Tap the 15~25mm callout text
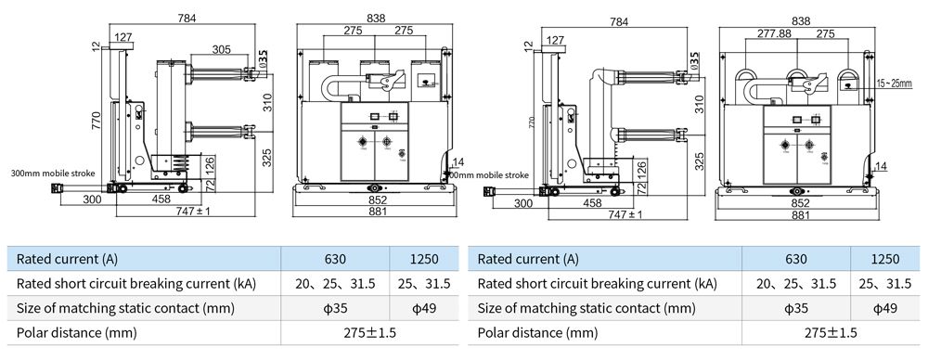(896, 84)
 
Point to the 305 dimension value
(222, 50)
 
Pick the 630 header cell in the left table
(334, 259)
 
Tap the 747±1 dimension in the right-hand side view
(625, 214)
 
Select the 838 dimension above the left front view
(377, 18)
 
